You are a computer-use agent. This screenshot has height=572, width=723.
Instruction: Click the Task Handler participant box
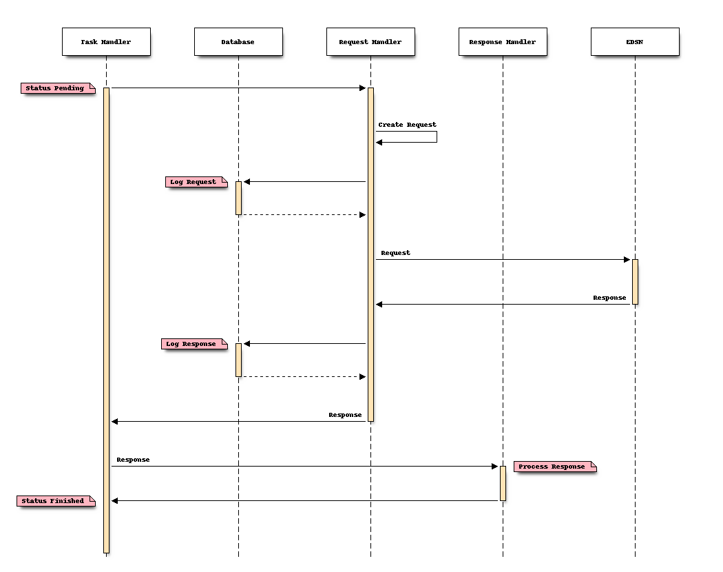click(105, 41)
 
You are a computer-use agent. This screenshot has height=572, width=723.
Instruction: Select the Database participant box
click(238, 41)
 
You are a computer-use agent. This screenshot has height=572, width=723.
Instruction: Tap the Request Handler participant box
click(370, 41)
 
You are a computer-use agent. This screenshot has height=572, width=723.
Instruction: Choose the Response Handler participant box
click(502, 41)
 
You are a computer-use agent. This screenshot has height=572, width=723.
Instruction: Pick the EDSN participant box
click(634, 41)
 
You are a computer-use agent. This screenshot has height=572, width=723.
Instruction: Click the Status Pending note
click(57, 88)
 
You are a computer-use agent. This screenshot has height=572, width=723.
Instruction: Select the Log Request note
click(196, 182)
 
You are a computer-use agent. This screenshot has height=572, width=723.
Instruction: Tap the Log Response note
click(193, 344)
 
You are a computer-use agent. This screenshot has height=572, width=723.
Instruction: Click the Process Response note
click(554, 467)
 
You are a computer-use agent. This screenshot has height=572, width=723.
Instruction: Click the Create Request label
click(407, 125)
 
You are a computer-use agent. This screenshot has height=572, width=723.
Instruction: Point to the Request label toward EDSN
click(395, 253)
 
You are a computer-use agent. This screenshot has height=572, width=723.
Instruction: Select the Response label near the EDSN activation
click(609, 298)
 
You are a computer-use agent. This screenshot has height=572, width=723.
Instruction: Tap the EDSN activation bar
click(635, 281)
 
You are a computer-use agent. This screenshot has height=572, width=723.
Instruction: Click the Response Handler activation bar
click(503, 483)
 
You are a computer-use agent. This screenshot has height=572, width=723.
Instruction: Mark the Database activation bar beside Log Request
click(238, 198)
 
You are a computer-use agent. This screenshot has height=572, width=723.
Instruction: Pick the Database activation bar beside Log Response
click(238, 360)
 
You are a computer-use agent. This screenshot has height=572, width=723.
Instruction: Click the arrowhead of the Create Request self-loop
click(379, 142)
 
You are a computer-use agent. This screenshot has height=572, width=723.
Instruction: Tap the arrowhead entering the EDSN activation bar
click(627, 260)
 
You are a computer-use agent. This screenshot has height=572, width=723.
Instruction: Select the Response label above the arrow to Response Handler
click(133, 460)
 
